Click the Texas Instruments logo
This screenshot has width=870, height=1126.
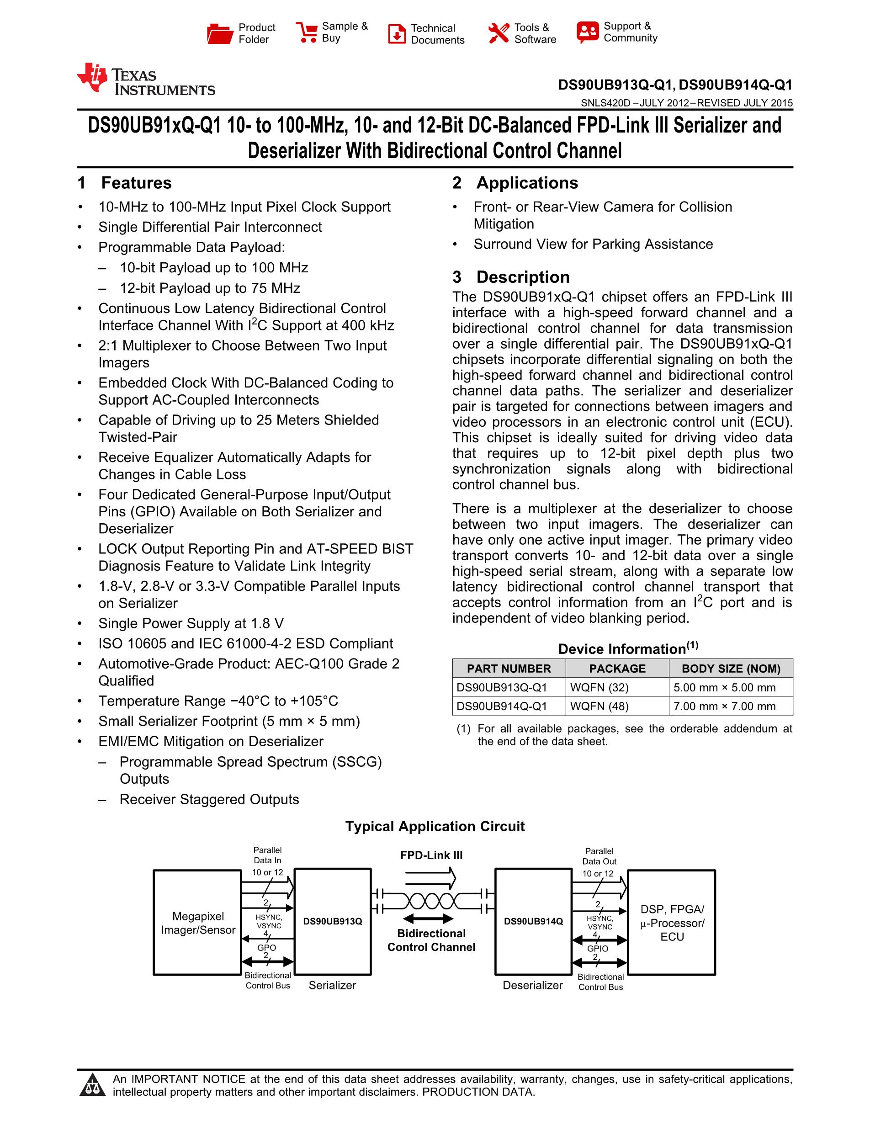click(146, 80)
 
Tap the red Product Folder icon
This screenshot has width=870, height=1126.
click(220, 33)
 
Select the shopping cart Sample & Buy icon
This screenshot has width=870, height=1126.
click(307, 32)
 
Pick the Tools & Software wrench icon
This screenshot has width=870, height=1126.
click(499, 33)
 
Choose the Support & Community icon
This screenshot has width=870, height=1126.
click(588, 32)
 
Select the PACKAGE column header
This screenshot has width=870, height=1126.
click(617, 669)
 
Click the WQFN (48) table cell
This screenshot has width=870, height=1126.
click(599, 706)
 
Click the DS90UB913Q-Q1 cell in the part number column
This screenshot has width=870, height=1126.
click(502, 688)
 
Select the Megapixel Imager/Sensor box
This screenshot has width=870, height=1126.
click(197, 923)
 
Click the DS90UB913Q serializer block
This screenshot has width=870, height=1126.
click(333, 922)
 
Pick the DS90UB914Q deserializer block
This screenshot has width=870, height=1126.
click(533, 922)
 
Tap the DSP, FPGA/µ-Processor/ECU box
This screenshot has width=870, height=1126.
click(672, 923)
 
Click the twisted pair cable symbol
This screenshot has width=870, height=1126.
click(431, 901)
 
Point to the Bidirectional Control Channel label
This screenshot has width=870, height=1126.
click(431, 940)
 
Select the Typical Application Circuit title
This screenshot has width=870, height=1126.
click(435, 827)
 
